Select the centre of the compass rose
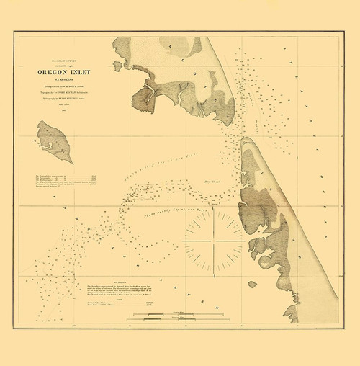214,238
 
